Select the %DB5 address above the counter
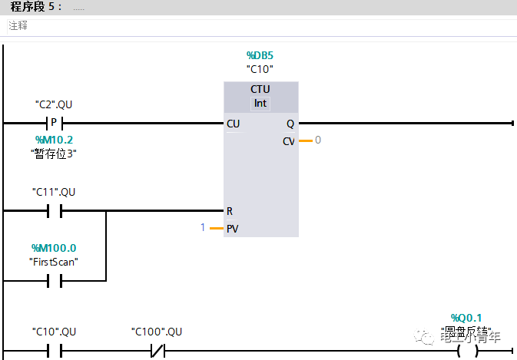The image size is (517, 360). [260, 55]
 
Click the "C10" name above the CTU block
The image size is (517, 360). [260, 69]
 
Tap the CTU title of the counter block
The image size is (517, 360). [260, 89]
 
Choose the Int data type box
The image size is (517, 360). [260, 103]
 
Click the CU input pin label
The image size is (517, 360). [233, 124]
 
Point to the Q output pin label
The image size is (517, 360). [290, 124]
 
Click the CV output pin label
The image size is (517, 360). [289, 141]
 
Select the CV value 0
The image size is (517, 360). [317, 140]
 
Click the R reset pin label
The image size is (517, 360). [229, 210]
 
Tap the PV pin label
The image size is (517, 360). [232, 229]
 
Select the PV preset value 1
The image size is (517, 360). [203, 228]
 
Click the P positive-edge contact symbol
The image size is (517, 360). [54, 123]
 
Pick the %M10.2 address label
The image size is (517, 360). [54, 140]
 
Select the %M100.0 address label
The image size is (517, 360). [54, 248]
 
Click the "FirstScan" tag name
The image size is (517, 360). [54, 262]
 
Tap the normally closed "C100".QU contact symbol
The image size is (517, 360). [157, 352]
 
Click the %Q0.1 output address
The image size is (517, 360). [466, 318]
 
